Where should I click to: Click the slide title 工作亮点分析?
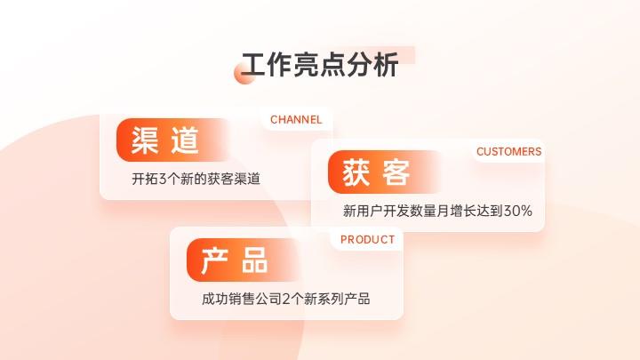320,65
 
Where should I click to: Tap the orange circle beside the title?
244,74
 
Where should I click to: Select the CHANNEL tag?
296,120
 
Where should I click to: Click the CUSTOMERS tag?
508,151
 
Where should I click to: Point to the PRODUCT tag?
367,240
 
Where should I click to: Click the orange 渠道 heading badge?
172,140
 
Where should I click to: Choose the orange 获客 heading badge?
384,172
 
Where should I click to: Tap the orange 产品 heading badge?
243,260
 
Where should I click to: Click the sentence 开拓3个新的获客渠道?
196,179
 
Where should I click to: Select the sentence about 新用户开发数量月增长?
437,211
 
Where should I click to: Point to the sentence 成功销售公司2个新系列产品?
285,299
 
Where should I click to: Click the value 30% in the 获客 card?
518,211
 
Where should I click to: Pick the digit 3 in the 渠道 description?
163,179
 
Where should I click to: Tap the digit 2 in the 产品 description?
286,299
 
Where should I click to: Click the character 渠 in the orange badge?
145,140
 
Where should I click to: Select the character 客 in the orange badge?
396,172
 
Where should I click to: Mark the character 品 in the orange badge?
255,260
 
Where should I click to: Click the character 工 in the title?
254,65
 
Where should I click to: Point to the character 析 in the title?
386,65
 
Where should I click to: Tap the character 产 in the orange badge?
214,260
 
